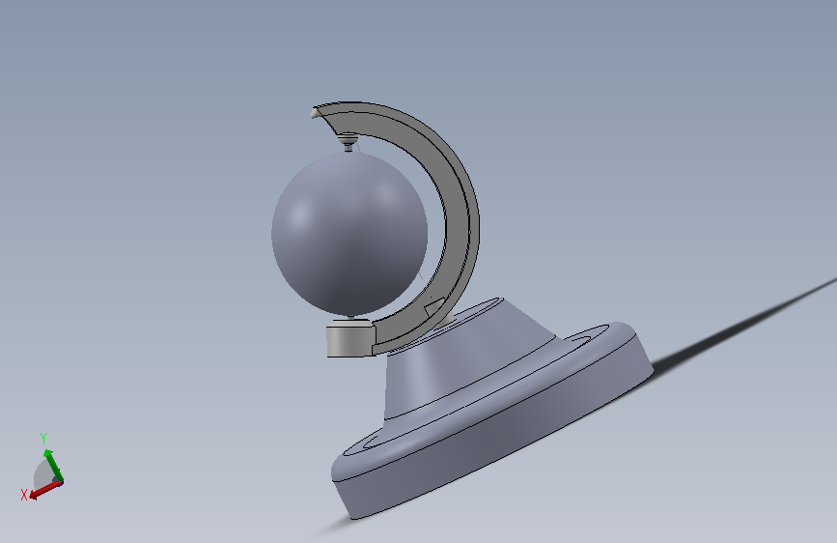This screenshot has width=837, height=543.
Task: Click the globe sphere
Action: click(x=349, y=234)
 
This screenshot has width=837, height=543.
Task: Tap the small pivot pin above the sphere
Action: click(x=349, y=142)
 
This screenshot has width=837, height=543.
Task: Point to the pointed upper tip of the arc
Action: click(x=314, y=112)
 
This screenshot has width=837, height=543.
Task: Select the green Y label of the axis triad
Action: click(x=43, y=439)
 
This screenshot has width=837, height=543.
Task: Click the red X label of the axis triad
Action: click(x=24, y=495)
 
